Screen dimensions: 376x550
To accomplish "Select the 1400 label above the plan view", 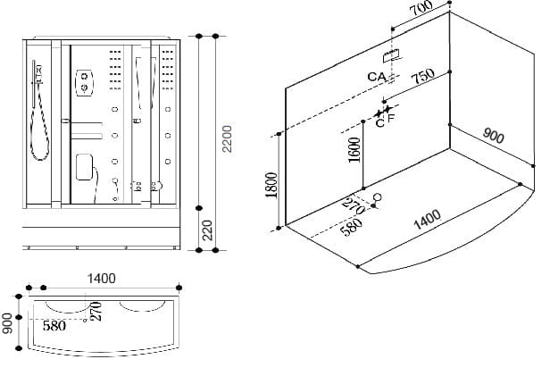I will [x=102, y=278].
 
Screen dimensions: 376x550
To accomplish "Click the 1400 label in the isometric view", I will [x=429, y=218].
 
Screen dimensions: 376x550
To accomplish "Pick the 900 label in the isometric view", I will [x=493, y=137].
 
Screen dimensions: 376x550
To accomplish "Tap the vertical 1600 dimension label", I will [x=354, y=150].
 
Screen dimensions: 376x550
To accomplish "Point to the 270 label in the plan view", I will [x=96, y=311].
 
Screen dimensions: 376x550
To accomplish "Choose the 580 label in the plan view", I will [x=54, y=326].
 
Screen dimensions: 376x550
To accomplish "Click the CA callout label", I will [x=376, y=77].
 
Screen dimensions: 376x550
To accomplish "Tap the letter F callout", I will [x=393, y=117].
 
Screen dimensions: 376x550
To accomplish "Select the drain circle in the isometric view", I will [x=376, y=196].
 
